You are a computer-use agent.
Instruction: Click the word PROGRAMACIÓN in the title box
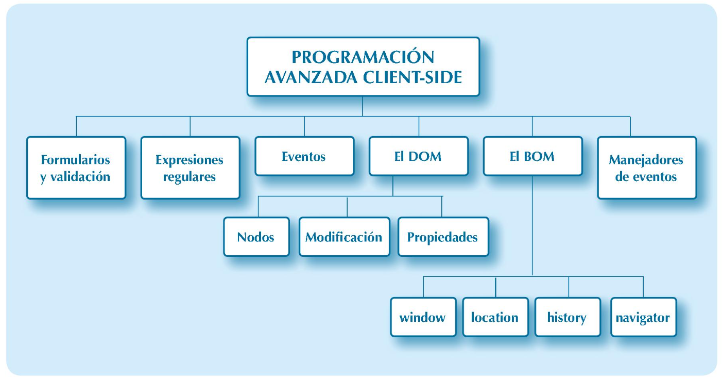tap(363, 57)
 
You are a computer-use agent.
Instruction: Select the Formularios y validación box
tap(76, 168)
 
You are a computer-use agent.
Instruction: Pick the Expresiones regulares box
tap(190, 168)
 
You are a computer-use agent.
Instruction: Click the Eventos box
tap(304, 156)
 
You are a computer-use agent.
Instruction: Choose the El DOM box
tap(418, 156)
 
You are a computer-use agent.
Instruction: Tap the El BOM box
tap(532, 156)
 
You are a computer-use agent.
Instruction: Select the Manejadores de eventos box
tap(646, 168)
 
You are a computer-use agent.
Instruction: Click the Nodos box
tap(256, 237)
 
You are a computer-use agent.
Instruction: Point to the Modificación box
tap(344, 237)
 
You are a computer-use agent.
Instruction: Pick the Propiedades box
tap(443, 237)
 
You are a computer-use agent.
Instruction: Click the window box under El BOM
tap(423, 317)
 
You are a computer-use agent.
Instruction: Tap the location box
tap(495, 317)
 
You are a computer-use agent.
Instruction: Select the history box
tap(567, 317)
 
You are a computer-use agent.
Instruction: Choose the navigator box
tap(643, 317)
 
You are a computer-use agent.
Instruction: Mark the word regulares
tap(190, 177)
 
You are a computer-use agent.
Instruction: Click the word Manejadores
tap(646, 159)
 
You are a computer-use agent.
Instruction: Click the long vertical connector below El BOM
tap(532, 227)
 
